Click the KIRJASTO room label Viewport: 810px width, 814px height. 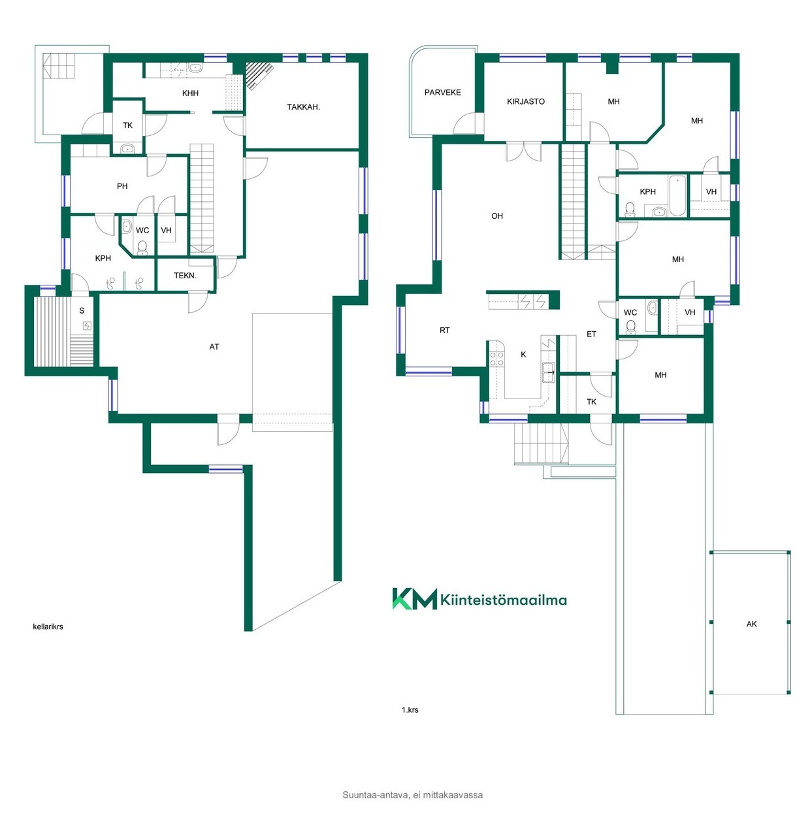[525, 101]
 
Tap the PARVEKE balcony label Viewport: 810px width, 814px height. [442, 92]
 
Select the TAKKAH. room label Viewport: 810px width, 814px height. [303, 107]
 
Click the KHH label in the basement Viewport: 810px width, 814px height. [190, 93]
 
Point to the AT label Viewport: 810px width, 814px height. [214, 346]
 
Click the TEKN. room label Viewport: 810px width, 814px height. [185, 276]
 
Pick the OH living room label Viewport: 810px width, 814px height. [496, 216]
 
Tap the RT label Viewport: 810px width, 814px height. [444, 330]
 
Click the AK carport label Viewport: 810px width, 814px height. [751, 623]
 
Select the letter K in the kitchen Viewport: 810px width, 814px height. [523, 354]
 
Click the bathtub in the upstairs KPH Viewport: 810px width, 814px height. [677, 195]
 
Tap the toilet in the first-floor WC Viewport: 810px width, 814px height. [630, 327]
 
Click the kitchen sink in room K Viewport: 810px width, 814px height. [548, 372]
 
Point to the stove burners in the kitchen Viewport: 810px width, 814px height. [496, 359]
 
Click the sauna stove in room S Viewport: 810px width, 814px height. [87, 325]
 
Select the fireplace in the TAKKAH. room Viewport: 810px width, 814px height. [259, 74]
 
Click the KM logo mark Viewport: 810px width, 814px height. [414, 598]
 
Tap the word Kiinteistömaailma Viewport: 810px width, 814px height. [503, 600]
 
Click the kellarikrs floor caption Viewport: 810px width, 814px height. [48, 627]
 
